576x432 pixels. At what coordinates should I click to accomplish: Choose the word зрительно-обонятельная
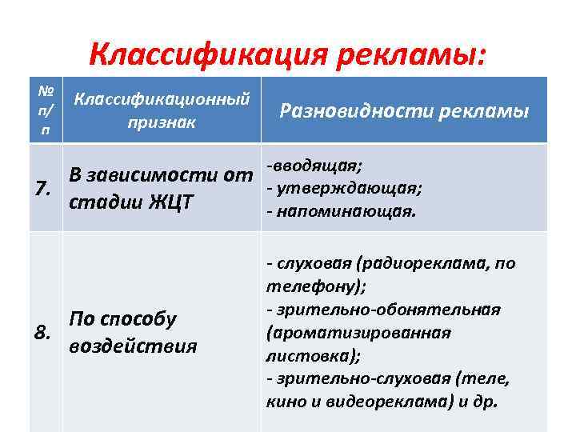tap(389, 310)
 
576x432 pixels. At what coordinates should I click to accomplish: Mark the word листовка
tap(302, 355)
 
